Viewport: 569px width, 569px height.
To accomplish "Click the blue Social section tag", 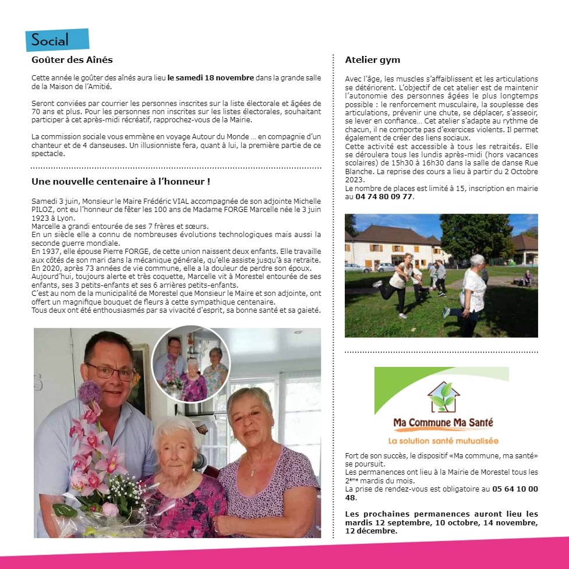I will coord(56,40).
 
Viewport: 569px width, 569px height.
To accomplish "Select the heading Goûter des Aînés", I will coord(72,60).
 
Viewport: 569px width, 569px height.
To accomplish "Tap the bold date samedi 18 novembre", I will coord(211,77).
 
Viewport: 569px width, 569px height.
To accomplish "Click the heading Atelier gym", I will coord(372,60).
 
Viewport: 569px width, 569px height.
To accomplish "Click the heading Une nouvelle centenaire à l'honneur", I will coord(121,182).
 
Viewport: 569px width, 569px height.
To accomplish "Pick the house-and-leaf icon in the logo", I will coord(443,397).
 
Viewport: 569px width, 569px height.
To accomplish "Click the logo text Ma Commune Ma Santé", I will coord(443,423).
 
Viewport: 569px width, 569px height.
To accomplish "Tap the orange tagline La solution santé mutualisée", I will coord(443,441).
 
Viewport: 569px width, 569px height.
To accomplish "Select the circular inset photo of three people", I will coord(191,365).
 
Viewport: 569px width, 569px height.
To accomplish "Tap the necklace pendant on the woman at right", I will coord(252,472).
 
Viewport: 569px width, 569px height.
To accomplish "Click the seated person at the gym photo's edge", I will coord(528,278).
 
